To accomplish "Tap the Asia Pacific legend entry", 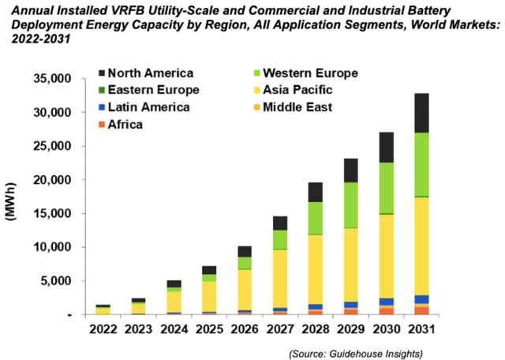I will [301, 90].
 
